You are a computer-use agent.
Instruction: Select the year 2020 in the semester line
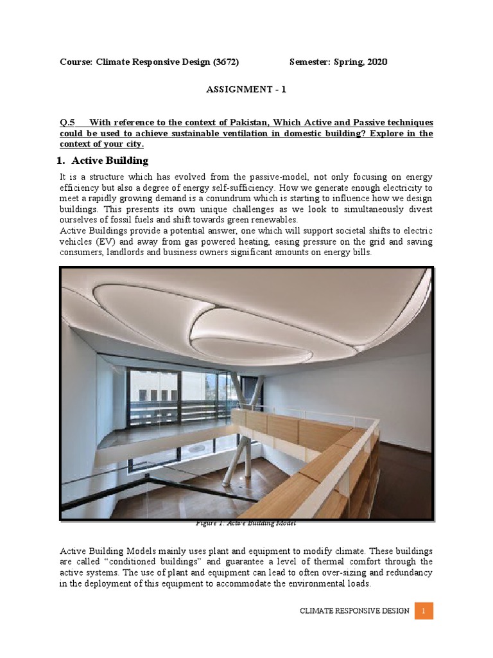pyautogui.click(x=376, y=62)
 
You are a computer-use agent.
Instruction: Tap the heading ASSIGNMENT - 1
pyautogui.click(x=246, y=89)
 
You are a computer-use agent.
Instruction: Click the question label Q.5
pyautogui.click(x=67, y=122)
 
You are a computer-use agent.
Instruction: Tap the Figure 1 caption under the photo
pyautogui.click(x=246, y=523)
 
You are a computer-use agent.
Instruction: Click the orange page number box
pyautogui.click(x=424, y=611)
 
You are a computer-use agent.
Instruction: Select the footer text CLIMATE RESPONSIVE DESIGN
pyautogui.click(x=354, y=611)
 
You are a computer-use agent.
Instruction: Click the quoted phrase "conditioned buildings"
pyautogui.click(x=141, y=562)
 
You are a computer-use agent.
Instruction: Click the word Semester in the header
pyautogui.click(x=311, y=62)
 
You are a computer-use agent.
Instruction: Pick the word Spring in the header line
pyautogui.click(x=350, y=62)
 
